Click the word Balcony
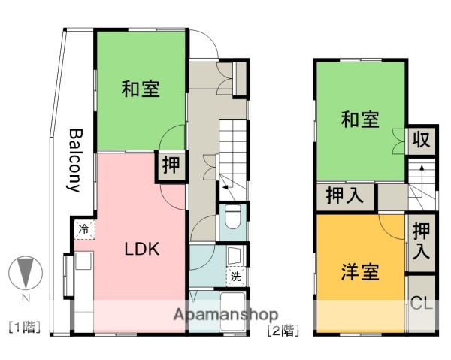(x=75, y=160)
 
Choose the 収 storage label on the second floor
(x=420, y=140)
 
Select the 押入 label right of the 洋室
(x=421, y=242)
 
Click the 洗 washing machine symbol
(x=235, y=277)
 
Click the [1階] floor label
(x=24, y=327)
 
